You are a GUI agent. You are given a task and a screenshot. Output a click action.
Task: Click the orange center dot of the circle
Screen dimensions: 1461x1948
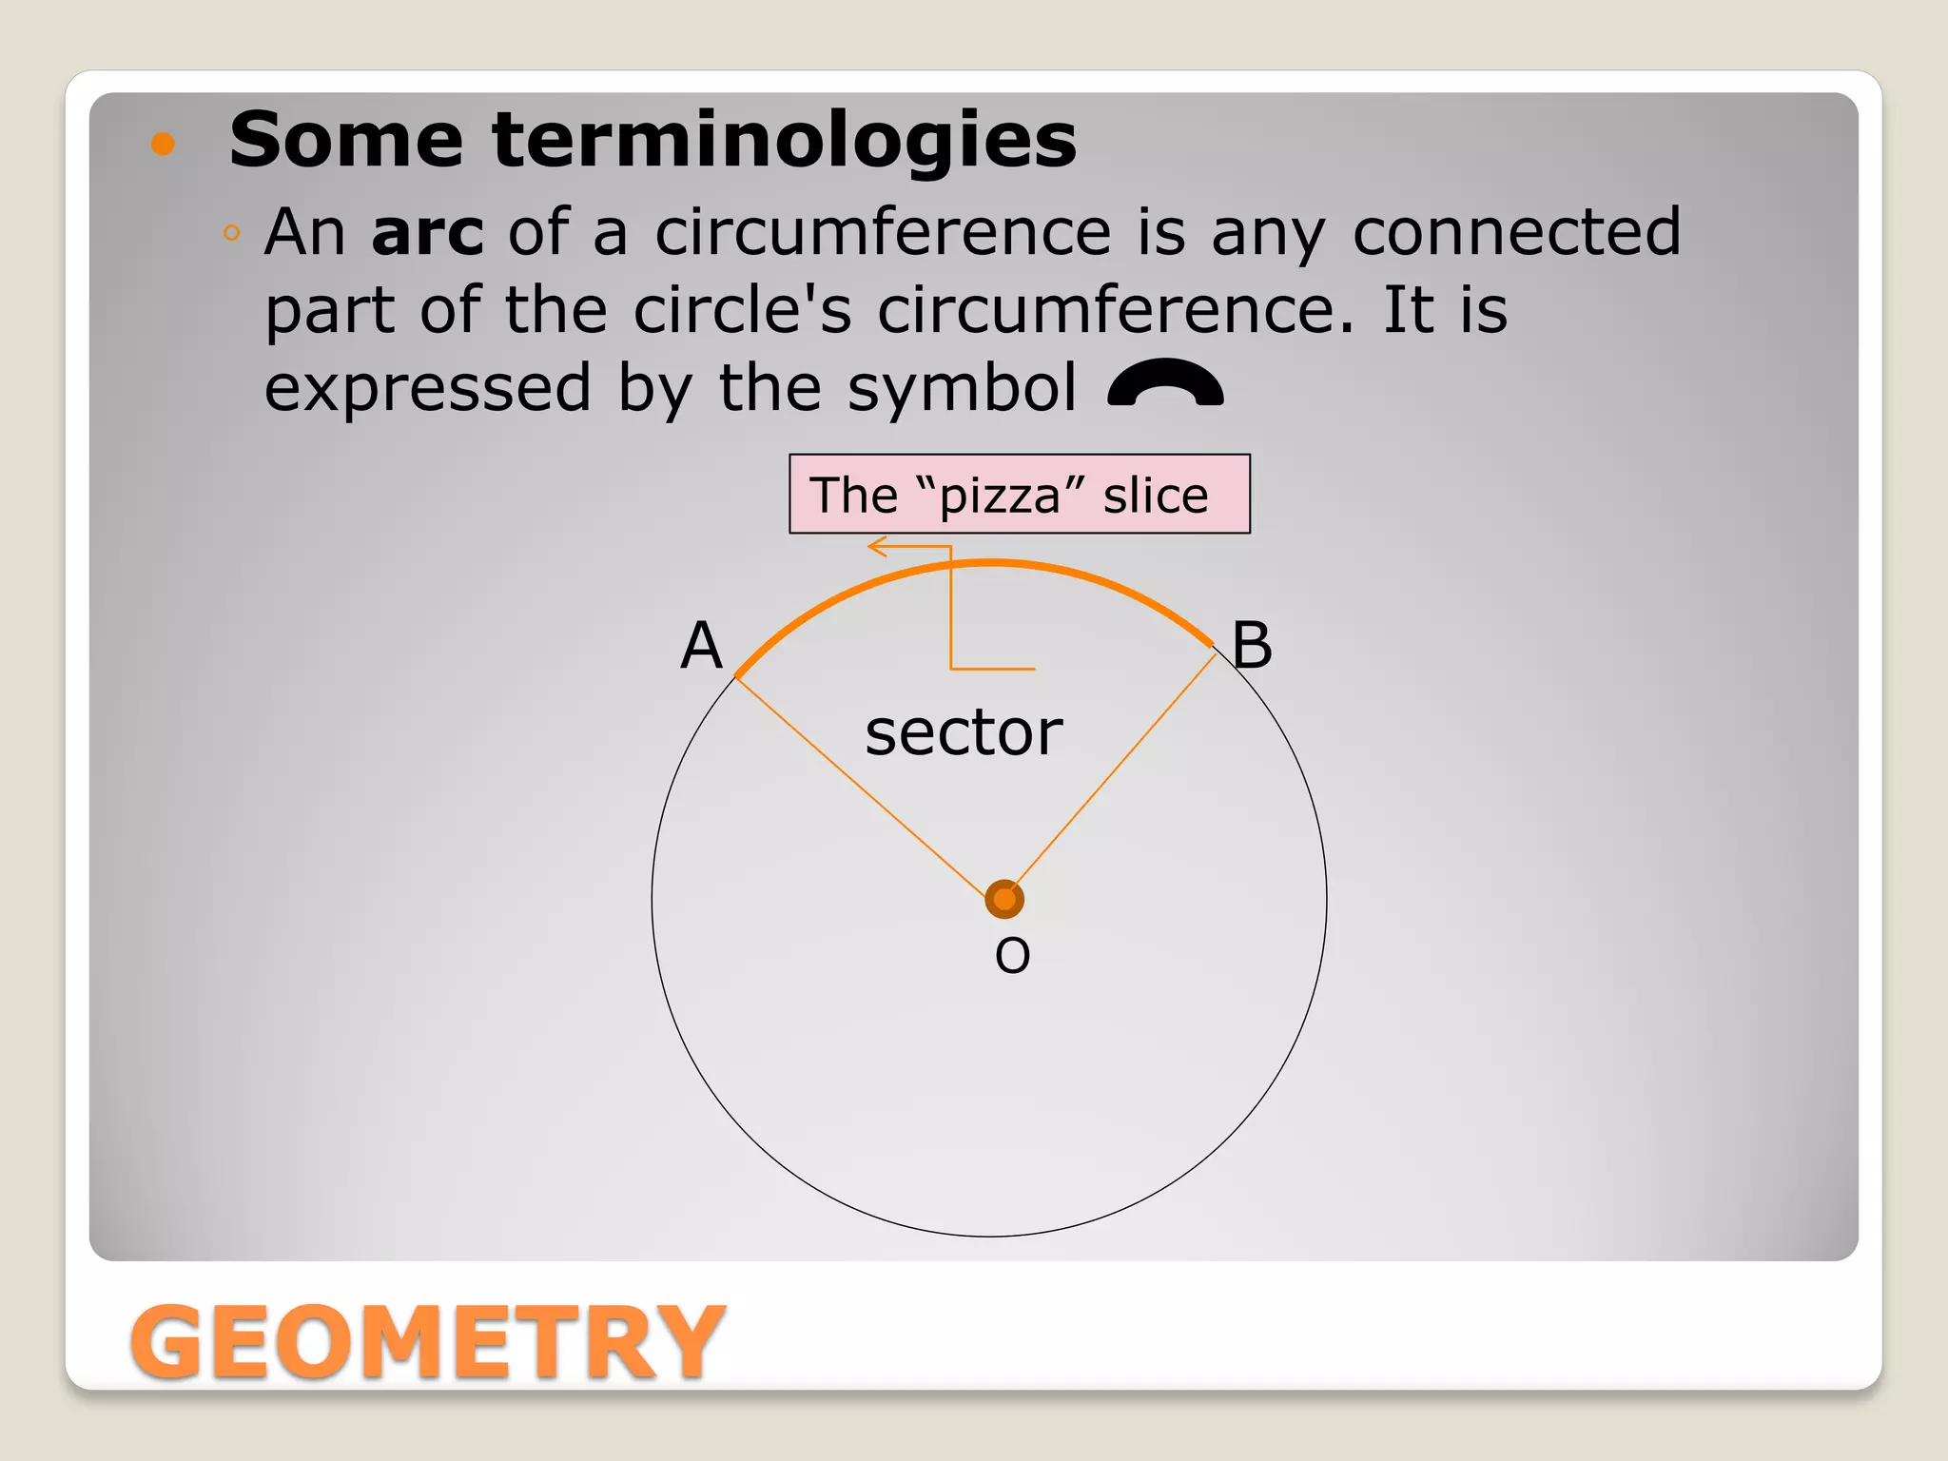[x=1004, y=899]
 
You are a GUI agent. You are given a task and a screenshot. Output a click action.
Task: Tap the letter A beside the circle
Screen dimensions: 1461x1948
[x=702, y=646]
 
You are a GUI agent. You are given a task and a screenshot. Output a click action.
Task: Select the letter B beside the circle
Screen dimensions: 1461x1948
[x=1252, y=646]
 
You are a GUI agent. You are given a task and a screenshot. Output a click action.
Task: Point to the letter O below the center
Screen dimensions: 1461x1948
[x=1012, y=955]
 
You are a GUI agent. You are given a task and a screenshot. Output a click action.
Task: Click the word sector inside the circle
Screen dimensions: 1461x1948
[x=964, y=732]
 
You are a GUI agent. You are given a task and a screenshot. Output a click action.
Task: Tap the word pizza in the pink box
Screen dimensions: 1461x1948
[x=999, y=497]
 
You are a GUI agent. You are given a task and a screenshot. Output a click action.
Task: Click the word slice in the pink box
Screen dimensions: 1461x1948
[x=1155, y=497]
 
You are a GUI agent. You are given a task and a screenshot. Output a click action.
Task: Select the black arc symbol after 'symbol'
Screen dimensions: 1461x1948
[x=1166, y=383]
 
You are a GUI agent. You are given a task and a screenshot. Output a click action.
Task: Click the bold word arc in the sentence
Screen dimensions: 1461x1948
[x=427, y=232]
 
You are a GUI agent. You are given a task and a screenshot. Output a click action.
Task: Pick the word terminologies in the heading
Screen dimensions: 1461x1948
[x=785, y=140]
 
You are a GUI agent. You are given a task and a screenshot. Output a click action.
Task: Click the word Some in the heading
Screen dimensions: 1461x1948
[x=346, y=140]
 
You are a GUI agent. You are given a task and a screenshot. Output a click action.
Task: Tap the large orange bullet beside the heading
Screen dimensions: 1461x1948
[x=164, y=144]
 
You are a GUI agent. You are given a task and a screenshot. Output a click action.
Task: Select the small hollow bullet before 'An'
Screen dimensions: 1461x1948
[x=231, y=233]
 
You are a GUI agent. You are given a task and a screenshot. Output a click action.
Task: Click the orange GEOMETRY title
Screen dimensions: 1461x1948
[x=427, y=1341]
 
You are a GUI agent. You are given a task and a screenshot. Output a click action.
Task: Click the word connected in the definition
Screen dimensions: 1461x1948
[x=1516, y=232]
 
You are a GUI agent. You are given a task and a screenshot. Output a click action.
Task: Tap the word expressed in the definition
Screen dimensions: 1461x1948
[x=428, y=388]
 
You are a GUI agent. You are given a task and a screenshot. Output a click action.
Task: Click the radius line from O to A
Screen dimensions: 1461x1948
[x=861, y=787]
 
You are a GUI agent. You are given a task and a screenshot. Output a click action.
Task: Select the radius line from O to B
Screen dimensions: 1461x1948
[x=1113, y=771]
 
